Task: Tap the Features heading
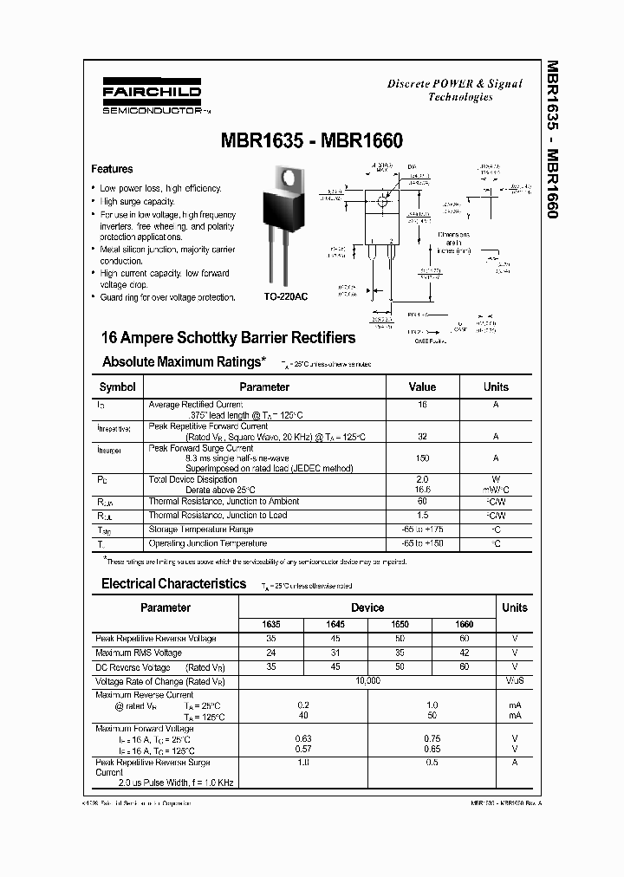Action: coord(112,169)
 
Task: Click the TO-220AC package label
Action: coord(285,296)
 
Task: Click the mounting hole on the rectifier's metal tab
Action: coord(284,179)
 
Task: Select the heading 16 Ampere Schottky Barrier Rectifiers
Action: coord(229,338)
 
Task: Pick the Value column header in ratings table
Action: coord(422,387)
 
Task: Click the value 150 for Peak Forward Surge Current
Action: coord(422,458)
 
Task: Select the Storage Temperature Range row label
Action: coord(200,529)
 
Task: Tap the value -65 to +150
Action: coord(422,543)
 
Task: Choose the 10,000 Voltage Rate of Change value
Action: coord(367,681)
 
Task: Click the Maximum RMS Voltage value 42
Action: coord(465,653)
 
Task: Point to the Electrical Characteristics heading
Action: coord(173,583)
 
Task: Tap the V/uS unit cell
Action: coord(514,681)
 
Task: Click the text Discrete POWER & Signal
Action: coord(455,83)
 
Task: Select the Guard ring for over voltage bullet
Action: coord(167,297)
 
